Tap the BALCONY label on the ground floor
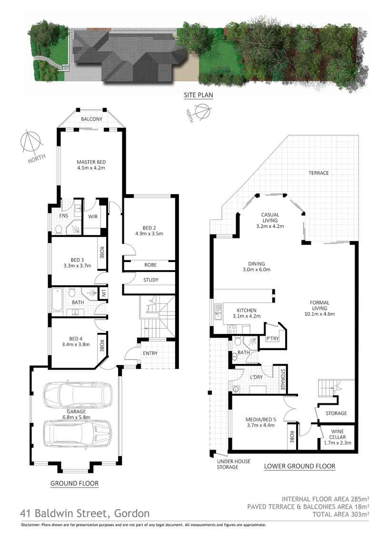pos(91,119)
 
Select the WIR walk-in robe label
pos(92,216)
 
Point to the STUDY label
pos(150,280)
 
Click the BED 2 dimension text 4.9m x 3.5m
pos(149,234)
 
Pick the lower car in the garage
pos(78,433)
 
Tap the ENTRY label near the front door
pos(150,353)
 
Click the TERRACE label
pos(318,173)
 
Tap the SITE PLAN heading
pos(198,95)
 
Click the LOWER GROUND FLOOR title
pos(299,466)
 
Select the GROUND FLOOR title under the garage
pos(75,483)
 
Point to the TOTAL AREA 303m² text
pos(341,514)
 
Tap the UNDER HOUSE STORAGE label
pos(227,464)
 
